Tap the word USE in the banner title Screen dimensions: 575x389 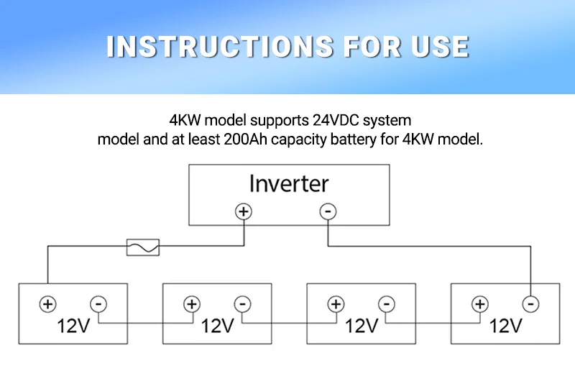coord(440,47)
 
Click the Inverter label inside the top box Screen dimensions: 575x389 coord(289,183)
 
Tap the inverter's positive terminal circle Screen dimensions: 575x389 coord(244,211)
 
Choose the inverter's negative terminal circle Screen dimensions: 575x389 coord(328,211)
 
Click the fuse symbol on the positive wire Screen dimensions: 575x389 coord(143,247)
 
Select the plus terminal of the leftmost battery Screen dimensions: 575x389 coord(47,304)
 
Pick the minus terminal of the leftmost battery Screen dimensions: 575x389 coord(98,304)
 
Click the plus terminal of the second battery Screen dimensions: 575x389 coord(192,304)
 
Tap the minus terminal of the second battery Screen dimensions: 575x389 coord(242,304)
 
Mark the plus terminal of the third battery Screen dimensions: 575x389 coord(336,304)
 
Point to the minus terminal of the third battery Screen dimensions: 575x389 coord(387,304)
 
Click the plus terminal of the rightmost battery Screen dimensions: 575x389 coord(480,304)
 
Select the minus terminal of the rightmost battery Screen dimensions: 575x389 coord(530,304)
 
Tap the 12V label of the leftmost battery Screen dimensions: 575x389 coord(73,326)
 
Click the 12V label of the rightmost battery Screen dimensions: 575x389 coord(506,326)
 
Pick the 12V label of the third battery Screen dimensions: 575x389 coord(362,326)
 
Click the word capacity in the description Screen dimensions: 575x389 coord(298,139)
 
